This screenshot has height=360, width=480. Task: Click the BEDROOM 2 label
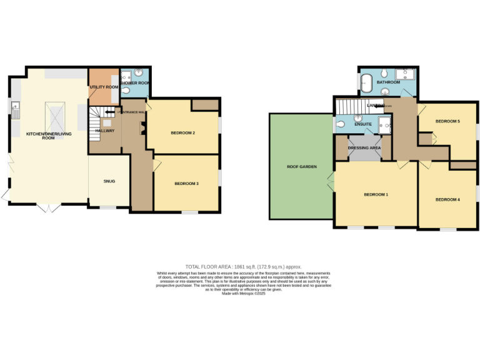[183, 133]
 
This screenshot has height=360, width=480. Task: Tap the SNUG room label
[109, 181]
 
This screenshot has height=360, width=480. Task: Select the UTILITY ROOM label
[103, 87]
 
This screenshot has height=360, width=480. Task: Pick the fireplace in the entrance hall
[142, 128]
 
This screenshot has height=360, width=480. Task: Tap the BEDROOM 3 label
[186, 183]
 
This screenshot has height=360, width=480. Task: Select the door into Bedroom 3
[157, 164]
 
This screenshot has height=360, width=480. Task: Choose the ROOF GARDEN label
[302, 167]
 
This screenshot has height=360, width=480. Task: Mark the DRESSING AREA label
[364, 148]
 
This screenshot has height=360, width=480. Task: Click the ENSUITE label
[363, 124]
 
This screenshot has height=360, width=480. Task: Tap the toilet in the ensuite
[340, 124]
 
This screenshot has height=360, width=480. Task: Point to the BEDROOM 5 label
[447, 121]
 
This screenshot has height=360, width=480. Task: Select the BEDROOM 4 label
[447, 199]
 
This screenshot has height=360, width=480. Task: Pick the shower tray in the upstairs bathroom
[409, 75]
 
